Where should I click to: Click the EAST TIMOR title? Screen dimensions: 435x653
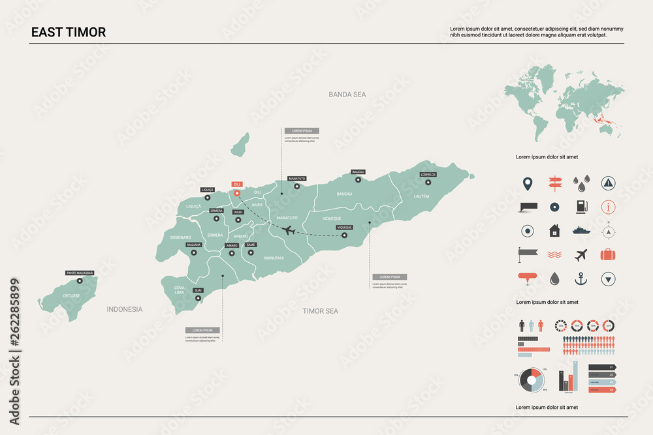(68, 32)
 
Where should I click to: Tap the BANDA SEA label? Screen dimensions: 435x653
(347, 95)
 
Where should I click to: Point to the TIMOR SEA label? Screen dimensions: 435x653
(321, 311)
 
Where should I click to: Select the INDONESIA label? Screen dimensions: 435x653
(125, 309)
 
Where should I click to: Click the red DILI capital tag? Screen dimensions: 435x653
(237, 185)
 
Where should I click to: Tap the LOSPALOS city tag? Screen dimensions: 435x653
(428, 174)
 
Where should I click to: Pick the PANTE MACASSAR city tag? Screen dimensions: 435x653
(80, 273)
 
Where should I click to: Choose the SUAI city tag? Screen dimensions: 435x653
(198, 290)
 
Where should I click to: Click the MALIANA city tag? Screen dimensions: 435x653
(194, 245)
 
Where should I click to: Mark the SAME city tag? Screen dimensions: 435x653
(251, 245)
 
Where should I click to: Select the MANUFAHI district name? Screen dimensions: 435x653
(274, 258)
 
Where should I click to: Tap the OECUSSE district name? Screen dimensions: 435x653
(71, 295)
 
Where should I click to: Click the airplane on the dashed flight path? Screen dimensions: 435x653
(288, 230)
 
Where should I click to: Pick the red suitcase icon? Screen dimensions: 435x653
(608, 255)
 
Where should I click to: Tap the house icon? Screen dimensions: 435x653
(554, 231)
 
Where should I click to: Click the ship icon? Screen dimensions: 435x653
(581, 230)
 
